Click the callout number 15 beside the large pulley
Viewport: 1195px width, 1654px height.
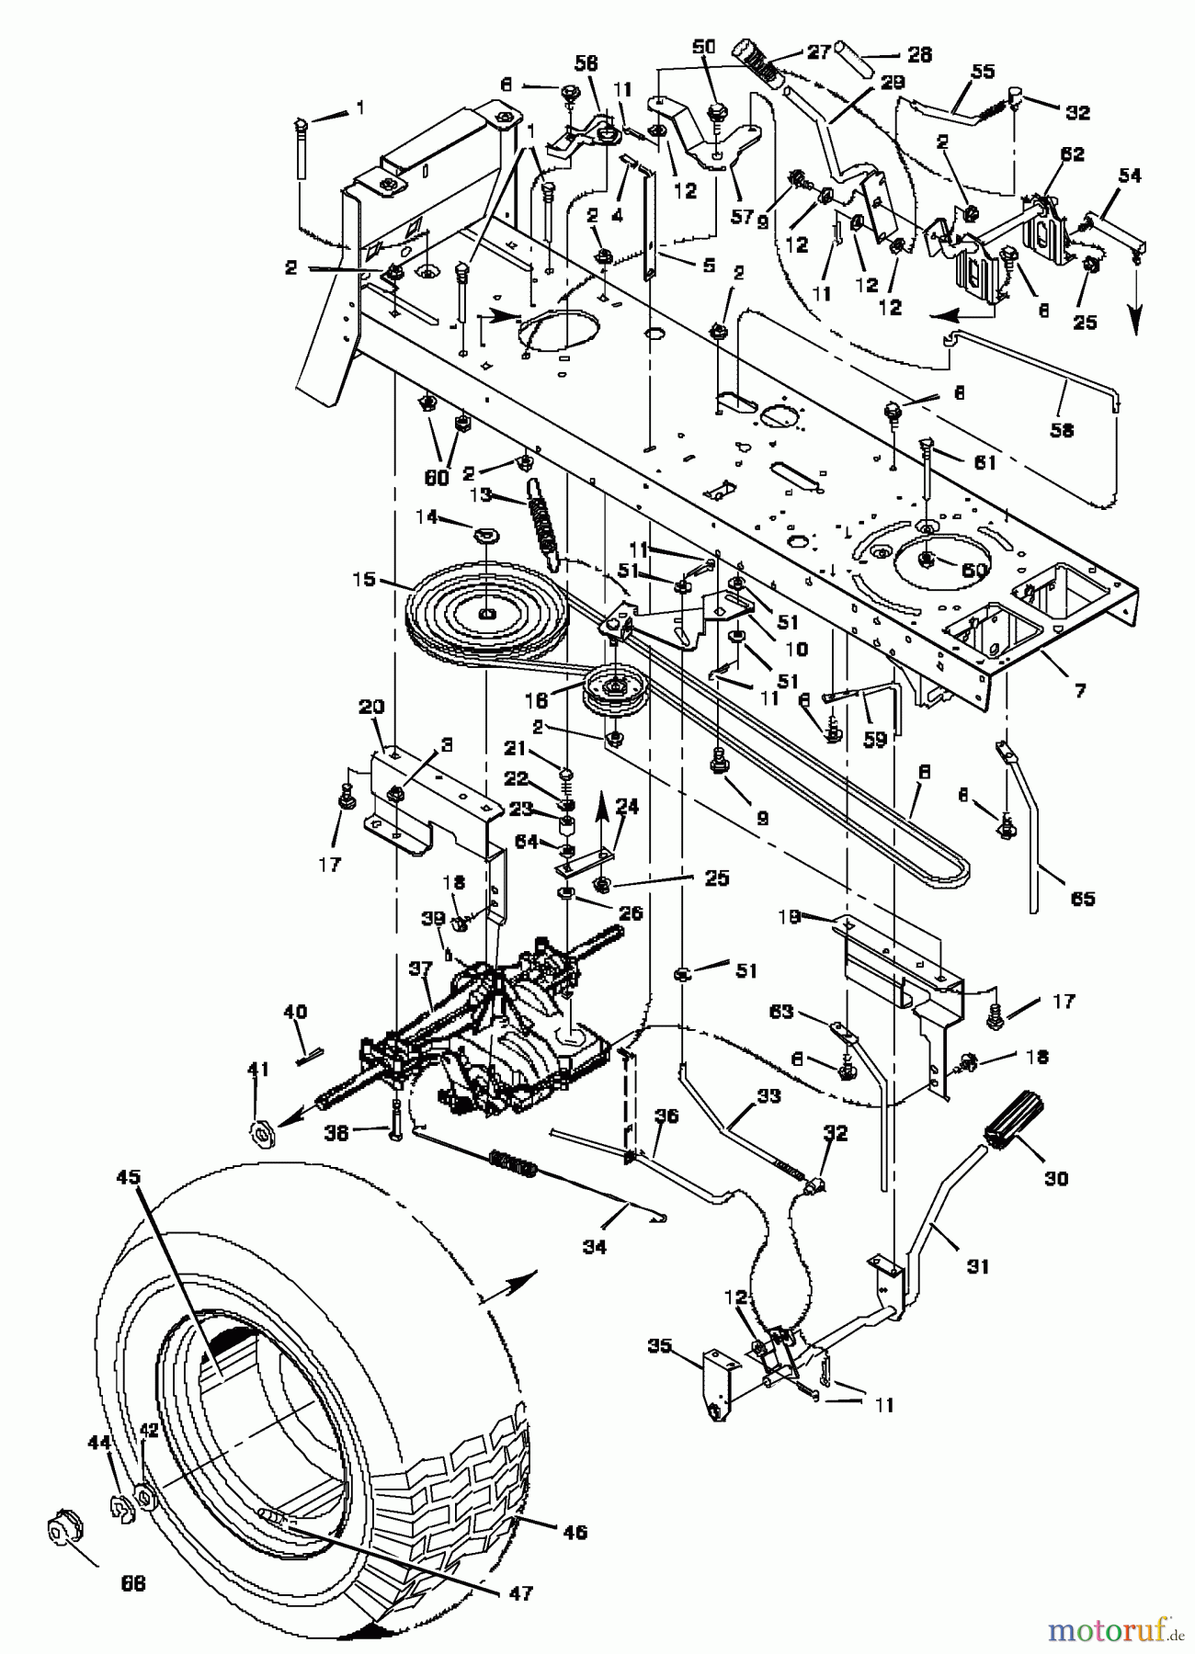pos(364,581)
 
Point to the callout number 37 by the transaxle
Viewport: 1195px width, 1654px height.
pos(420,970)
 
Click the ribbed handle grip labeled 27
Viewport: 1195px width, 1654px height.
pos(757,62)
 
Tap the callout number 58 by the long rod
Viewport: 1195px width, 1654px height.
pos(1062,429)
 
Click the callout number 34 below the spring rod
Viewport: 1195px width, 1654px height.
pos(595,1246)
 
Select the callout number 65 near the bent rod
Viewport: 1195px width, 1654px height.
pos(1084,897)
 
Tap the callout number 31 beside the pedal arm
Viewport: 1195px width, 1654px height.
pos(978,1265)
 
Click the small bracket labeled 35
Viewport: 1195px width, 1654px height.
pos(717,1383)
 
